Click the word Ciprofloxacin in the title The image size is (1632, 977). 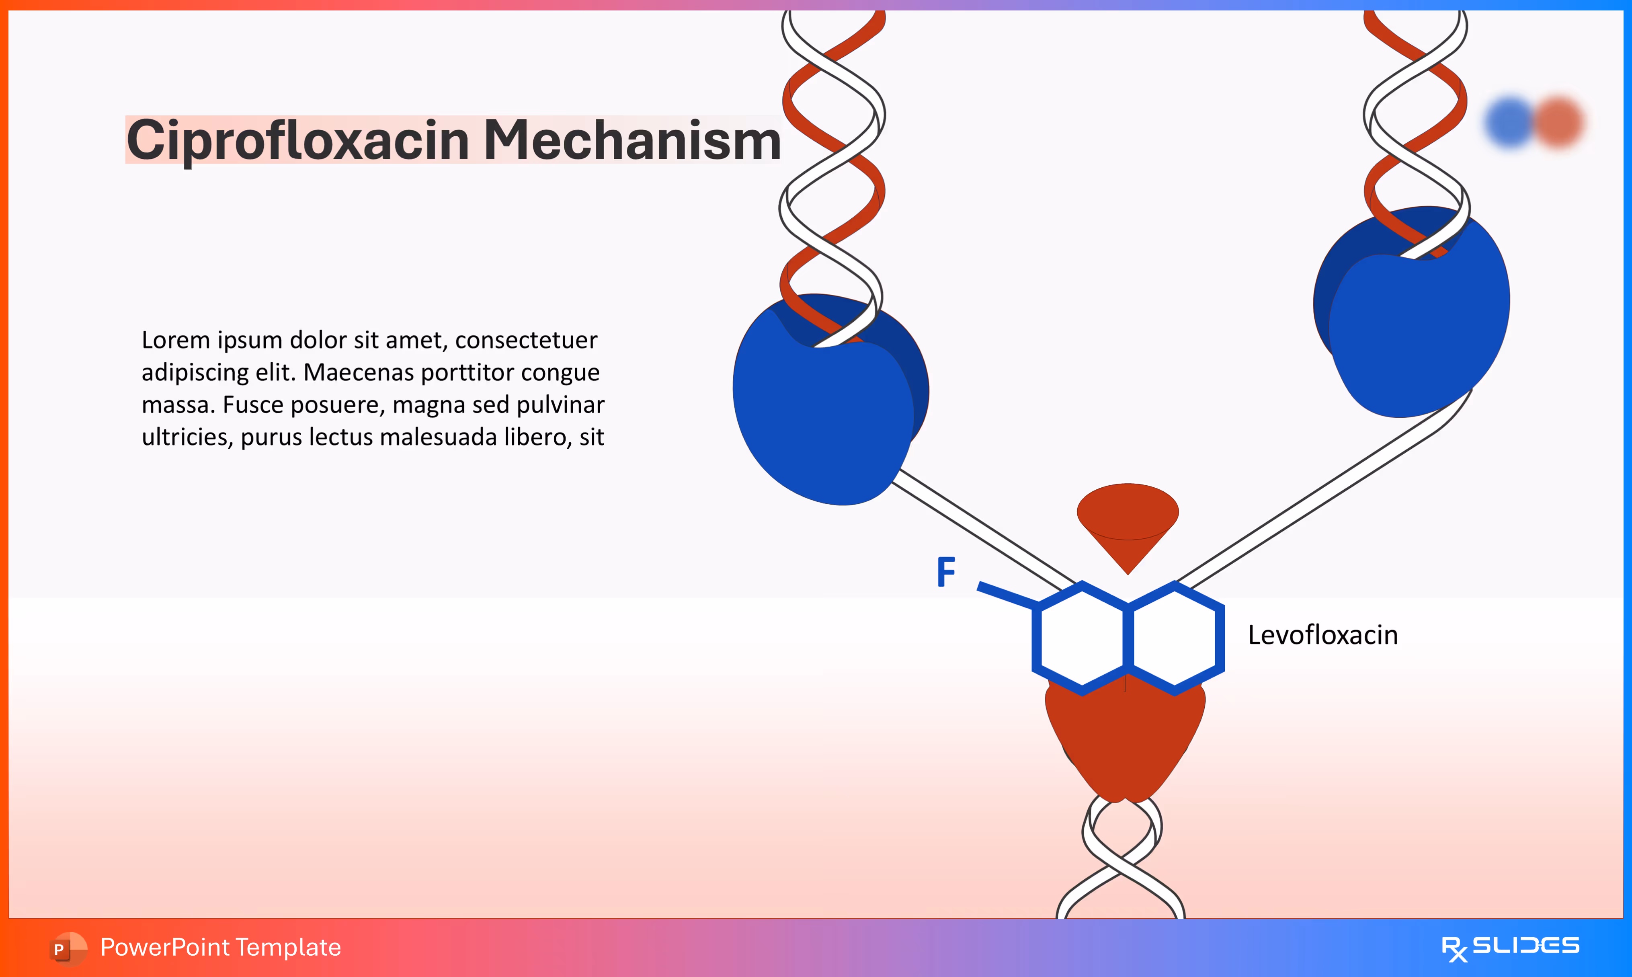click(x=297, y=141)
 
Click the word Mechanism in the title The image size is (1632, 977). click(x=632, y=141)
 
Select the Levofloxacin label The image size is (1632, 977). click(x=1323, y=635)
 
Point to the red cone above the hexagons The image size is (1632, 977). click(x=1127, y=520)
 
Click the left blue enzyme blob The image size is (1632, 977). click(x=822, y=415)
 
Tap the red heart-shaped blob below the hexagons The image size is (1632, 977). click(x=1125, y=737)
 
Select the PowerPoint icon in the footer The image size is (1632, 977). click(x=67, y=948)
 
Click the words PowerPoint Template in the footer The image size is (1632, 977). click(x=220, y=947)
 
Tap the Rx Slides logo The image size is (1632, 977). click(x=1510, y=947)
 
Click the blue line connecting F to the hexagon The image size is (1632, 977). click(x=1007, y=595)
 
